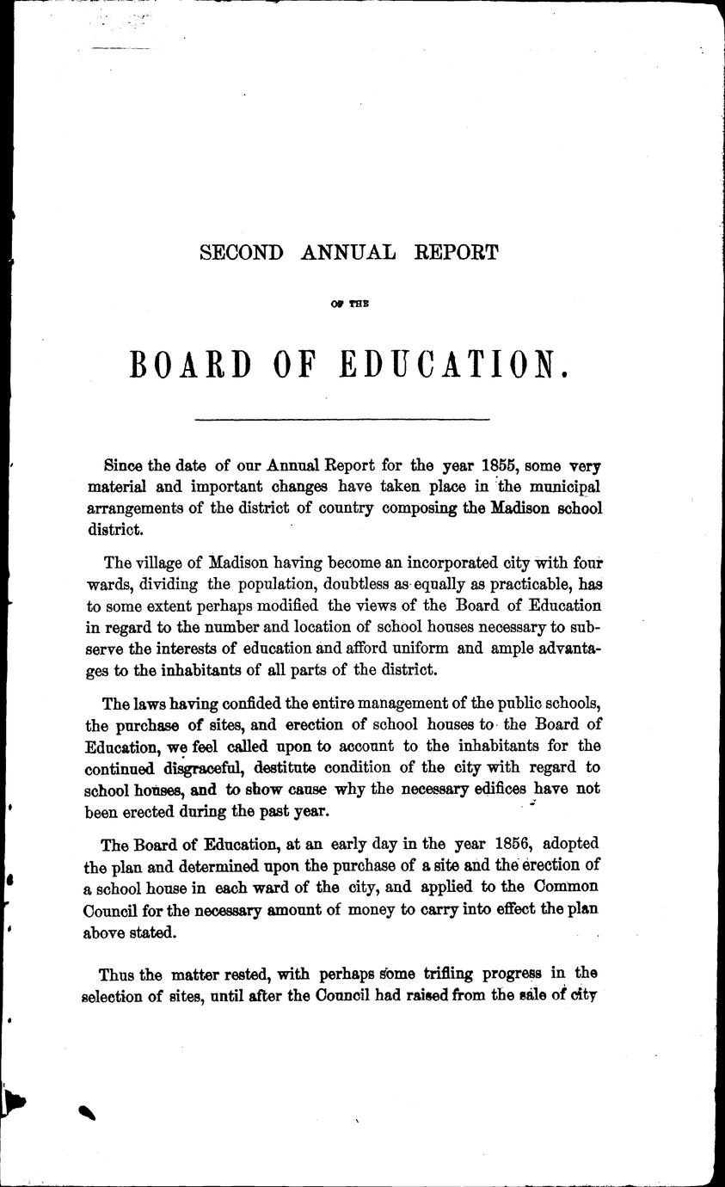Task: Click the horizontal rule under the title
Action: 342,419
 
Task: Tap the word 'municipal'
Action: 560,487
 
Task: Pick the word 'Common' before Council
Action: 568,887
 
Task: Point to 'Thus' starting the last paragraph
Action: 118,974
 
